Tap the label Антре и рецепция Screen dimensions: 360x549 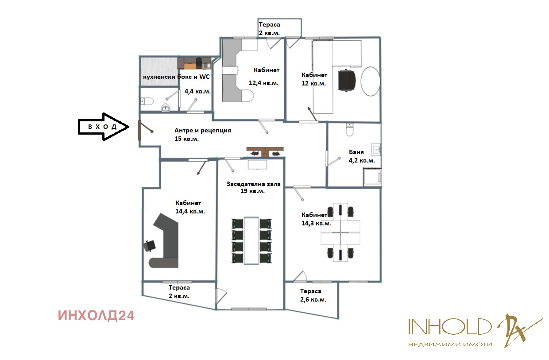203,131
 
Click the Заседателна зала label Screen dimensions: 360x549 253,184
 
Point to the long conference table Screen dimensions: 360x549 251,240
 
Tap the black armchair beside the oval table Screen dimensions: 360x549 347,81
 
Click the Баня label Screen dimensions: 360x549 356,152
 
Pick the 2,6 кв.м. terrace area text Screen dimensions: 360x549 313,300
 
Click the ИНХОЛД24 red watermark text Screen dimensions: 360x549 96,315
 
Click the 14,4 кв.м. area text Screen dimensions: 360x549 190,211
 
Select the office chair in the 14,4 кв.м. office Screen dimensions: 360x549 150,245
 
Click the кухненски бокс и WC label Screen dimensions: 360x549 176,77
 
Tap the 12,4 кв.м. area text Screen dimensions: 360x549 263,83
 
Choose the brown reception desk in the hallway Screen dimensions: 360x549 264,151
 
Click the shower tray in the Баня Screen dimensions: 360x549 371,177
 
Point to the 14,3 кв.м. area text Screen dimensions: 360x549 316,223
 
